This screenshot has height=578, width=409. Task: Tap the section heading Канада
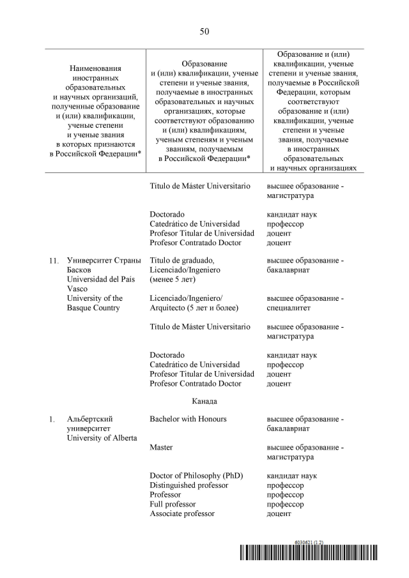[x=204, y=401]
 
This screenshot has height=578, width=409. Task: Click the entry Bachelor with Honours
[x=188, y=419]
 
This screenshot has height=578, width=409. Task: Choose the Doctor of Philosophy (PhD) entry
[x=196, y=476]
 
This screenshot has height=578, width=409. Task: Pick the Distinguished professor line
[x=189, y=485]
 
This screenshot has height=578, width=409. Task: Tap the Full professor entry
[x=173, y=504]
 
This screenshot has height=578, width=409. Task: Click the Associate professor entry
[x=181, y=513]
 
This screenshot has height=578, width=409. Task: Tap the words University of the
[x=95, y=298]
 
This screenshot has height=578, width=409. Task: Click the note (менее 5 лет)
[x=173, y=279]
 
